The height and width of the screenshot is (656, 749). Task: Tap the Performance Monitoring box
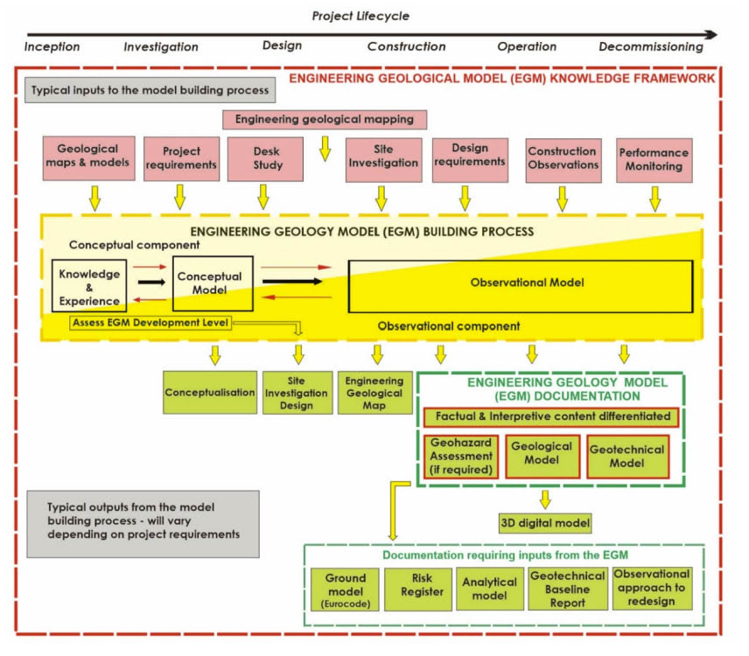pos(654,159)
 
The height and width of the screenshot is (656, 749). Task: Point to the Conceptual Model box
pos(213,283)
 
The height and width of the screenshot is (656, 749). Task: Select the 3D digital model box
pos(545,524)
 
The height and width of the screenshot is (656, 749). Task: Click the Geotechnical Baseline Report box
pos(567,591)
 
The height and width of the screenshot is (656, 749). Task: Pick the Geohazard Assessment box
pos(462,456)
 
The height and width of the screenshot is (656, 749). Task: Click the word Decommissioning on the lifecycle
pos(651,46)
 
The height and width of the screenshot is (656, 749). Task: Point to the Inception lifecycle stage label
pos(52,46)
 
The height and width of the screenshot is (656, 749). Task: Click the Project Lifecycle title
pos(360,16)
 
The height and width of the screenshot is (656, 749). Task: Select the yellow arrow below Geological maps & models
pos(94,199)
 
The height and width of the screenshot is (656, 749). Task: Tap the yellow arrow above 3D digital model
pos(545,499)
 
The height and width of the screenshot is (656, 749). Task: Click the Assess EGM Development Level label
pos(150,322)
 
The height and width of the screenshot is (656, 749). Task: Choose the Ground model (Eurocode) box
pos(345,591)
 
